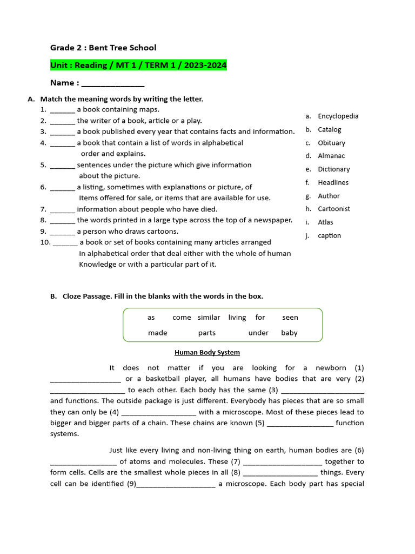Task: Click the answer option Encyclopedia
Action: (x=338, y=116)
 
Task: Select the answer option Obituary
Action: (x=331, y=143)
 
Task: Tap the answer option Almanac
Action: (x=331, y=156)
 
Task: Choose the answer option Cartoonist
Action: (x=334, y=209)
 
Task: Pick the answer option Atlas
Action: (x=325, y=222)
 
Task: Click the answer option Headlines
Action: (x=333, y=183)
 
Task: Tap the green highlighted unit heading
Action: (x=138, y=65)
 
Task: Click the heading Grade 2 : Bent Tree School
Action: (x=103, y=48)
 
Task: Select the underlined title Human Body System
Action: (x=207, y=353)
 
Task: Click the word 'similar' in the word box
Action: (x=209, y=318)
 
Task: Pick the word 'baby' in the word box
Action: (x=289, y=333)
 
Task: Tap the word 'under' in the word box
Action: (x=258, y=333)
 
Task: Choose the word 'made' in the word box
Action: (x=158, y=333)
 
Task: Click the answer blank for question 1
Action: (x=63, y=110)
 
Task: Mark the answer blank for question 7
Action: (x=63, y=209)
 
